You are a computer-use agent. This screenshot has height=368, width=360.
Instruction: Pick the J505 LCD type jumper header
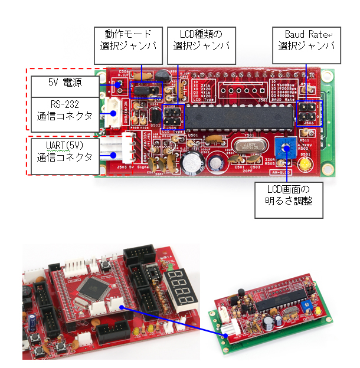tap(172, 116)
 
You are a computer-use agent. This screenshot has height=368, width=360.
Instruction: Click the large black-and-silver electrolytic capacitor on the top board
tap(192, 163)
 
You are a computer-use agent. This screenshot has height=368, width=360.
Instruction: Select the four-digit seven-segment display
tap(178, 286)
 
